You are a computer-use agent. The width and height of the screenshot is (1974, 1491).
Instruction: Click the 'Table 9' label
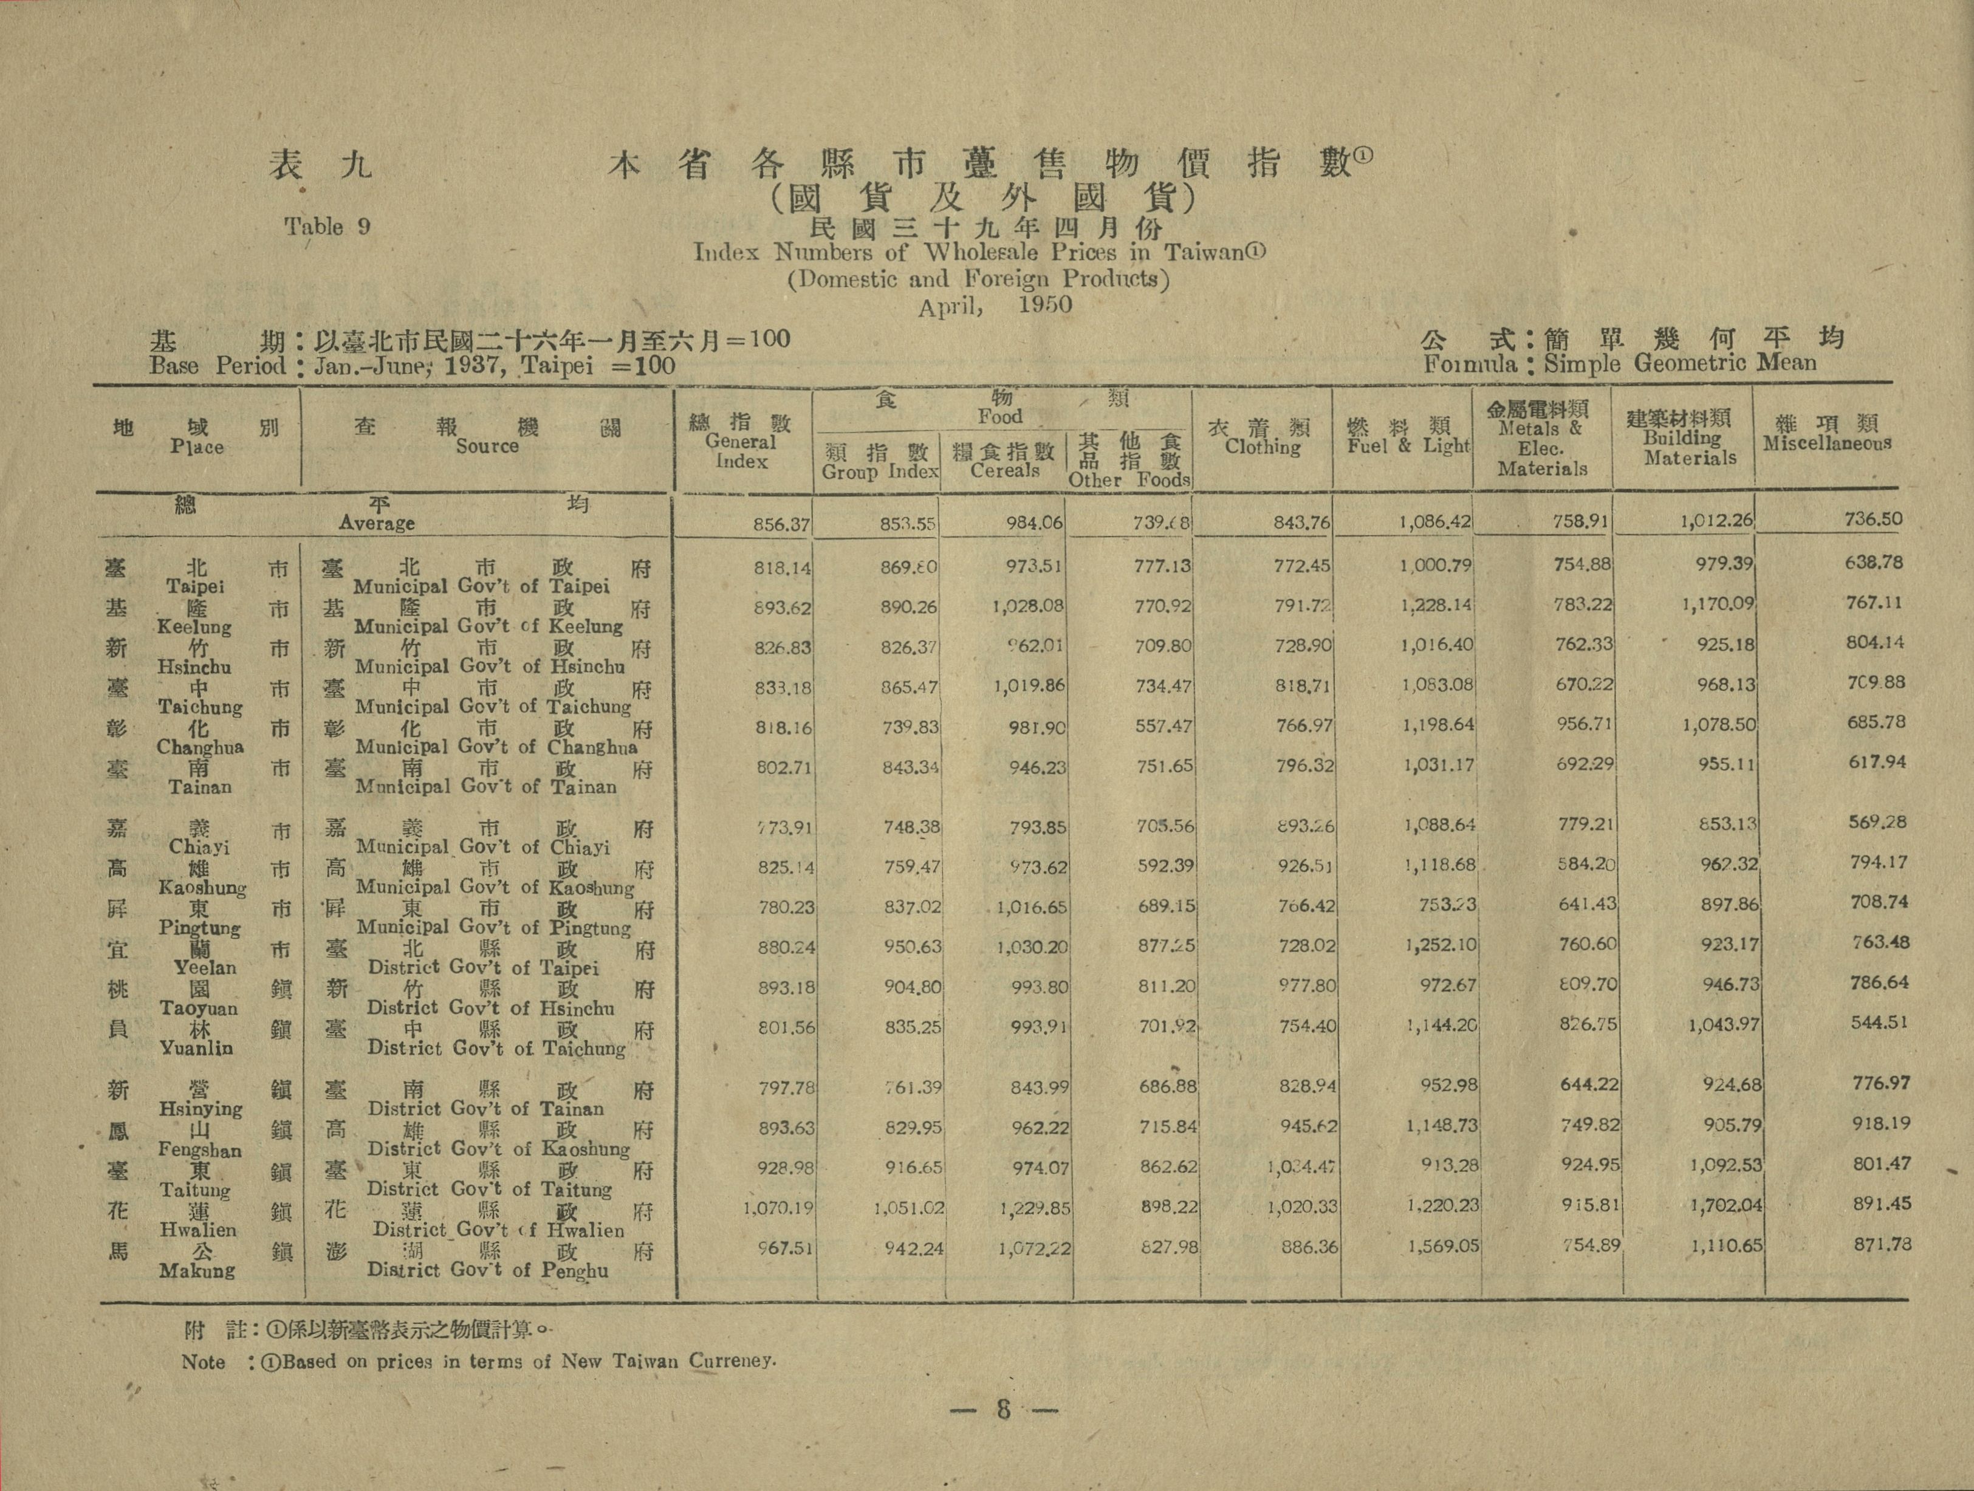(327, 227)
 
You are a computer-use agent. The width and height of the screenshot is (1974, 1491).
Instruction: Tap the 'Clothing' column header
(1262, 447)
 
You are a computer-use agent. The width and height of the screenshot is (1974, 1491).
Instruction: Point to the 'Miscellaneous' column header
(1827, 444)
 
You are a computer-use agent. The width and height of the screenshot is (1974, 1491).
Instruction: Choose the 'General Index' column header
(741, 451)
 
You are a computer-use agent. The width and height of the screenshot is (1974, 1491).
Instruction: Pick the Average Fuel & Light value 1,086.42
(1435, 520)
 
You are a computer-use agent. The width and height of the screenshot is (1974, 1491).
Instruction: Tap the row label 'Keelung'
(194, 626)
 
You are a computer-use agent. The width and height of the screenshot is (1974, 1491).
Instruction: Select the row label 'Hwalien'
(198, 1230)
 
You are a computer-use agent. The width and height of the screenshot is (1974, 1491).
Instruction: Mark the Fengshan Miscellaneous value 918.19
(1880, 1123)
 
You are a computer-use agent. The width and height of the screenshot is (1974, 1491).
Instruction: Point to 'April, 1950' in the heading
(995, 305)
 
